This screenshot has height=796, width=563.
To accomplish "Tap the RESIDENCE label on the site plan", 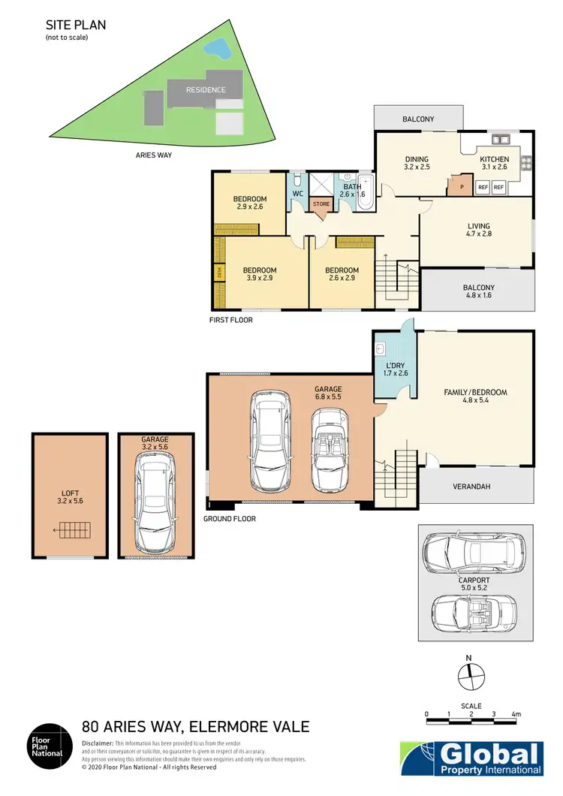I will click(x=206, y=90).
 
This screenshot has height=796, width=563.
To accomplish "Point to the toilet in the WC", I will click(x=298, y=180).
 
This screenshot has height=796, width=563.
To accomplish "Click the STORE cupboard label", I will click(x=321, y=204).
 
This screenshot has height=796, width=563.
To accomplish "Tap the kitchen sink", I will click(x=498, y=139).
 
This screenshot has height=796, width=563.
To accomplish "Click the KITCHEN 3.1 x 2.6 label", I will click(x=494, y=163).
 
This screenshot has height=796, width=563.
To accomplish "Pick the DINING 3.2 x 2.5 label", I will click(x=417, y=163).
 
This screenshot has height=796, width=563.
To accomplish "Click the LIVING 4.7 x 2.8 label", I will click(x=478, y=230).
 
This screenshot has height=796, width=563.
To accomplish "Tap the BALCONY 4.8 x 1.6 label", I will click(x=478, y=291).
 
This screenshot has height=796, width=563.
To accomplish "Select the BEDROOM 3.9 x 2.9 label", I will click(x=260, y=274).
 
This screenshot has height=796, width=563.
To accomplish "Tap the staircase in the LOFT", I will click(x=74, y=531).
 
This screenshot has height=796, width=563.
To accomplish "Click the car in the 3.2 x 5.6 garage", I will click(x=155, y=504).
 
